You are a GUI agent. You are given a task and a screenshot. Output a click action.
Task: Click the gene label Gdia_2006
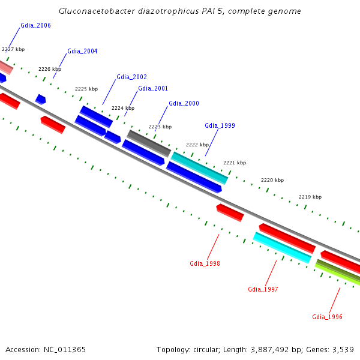[x=35, y=25]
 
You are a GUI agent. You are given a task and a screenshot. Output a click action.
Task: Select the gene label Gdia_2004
[x=82, y=51]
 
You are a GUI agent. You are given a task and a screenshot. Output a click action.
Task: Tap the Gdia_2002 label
[x=131, y=77]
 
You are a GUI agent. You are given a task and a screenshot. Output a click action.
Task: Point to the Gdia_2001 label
[x=153, y=88]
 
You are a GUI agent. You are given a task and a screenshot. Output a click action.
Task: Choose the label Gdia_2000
[x=184, y=103]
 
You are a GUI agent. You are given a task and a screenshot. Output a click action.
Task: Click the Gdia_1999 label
[x=220, y=125]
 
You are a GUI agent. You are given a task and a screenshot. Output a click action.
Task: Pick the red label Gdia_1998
[x=205, y=263]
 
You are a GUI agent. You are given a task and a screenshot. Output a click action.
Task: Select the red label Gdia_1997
[x=263, y=289]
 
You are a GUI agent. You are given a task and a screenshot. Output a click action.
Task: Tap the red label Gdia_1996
[x=327, y=317]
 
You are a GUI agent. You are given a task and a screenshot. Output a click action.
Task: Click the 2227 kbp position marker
[x=13, y=49]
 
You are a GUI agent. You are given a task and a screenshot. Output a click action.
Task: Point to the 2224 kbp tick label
[x=123, y=108]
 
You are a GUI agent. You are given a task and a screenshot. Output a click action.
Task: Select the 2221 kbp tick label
[x=235, y=163]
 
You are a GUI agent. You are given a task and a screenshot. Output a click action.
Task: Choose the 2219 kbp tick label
[x=310, y=197]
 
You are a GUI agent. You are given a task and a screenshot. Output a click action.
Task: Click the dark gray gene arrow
[x=149, y=143]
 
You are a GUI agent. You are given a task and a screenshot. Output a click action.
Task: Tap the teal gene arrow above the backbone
[x=200, y=167]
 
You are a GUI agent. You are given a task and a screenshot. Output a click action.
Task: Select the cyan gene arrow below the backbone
[x=282, y=248]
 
